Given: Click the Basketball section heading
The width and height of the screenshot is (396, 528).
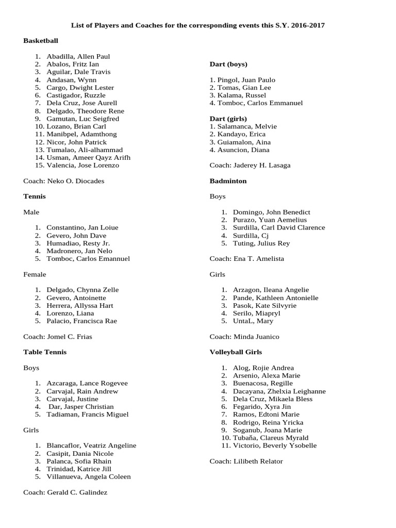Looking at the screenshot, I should (41, 41).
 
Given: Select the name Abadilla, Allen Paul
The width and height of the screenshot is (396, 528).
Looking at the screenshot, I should (78, 56).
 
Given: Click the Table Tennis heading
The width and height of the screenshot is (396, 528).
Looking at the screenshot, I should (45, 352).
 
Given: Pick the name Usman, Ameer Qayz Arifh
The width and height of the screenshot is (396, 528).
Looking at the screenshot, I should (88, 157).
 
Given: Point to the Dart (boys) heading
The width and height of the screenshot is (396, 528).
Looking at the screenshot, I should (228, 64).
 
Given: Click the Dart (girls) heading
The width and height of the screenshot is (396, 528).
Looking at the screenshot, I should (228, 119).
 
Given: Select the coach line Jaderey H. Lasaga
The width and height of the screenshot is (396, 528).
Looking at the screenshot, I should (250, 166).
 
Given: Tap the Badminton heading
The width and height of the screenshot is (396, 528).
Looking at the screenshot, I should (228, 181).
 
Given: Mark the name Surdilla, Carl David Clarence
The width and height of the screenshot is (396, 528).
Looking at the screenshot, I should (279, 227).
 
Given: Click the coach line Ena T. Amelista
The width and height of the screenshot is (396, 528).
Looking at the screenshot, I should (246, 258).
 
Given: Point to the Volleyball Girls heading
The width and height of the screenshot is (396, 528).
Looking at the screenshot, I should (236, 352).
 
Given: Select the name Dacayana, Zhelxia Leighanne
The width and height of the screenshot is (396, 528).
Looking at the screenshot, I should (279, 391).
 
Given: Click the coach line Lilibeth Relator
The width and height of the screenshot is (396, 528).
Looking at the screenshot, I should (246, 461).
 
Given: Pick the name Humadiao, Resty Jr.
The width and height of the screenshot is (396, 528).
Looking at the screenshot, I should (78, 243).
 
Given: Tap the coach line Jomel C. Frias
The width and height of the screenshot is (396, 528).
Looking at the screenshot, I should (58, 337).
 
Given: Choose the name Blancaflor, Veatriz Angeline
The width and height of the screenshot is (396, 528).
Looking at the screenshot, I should (91, 445).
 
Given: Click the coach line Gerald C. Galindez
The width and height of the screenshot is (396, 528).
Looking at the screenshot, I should (65, 492).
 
